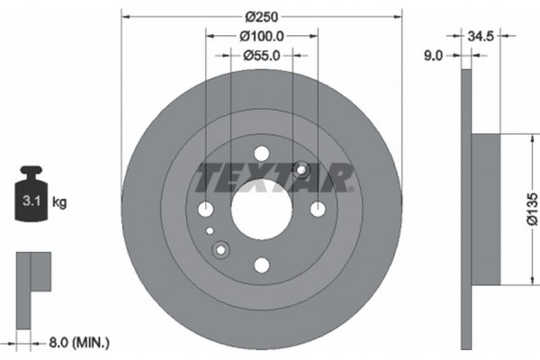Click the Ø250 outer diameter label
[x=262, y=17]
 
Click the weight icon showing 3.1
[x=31, y=199]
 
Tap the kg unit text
[x=60, y=202]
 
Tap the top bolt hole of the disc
[x=261, y=154]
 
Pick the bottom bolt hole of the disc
[x=261, y=265]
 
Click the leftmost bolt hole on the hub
[x=206, y=210]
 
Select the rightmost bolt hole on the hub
[x=317, y=210]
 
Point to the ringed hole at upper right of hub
[x=301, y=170]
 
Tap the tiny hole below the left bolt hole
[x=211, y=230]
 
